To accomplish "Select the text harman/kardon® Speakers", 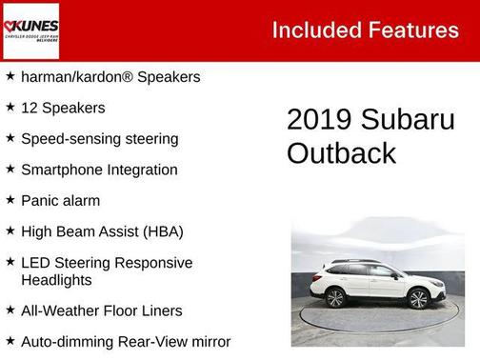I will pyautogui.click(x=110, y=77).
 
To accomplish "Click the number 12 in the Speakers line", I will pyautogui.click(x=30, y=108).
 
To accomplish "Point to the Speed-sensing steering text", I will pyautogui.click(x=99, y=139).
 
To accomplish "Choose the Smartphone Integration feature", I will pyautogui.click(x=99, y=170).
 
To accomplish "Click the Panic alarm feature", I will pyautogui.click(x=60, y=201).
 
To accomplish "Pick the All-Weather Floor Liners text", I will pyautogui.click(x=101, y=310).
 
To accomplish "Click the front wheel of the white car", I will pyautogui.click(x=418, y=300).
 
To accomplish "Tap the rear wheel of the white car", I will pyautogui.click(x=336, y=298).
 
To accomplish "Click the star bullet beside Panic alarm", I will pyautogui.click(x=10, y=200).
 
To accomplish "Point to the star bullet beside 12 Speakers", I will pyautogui.click(x=10, y=107).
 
